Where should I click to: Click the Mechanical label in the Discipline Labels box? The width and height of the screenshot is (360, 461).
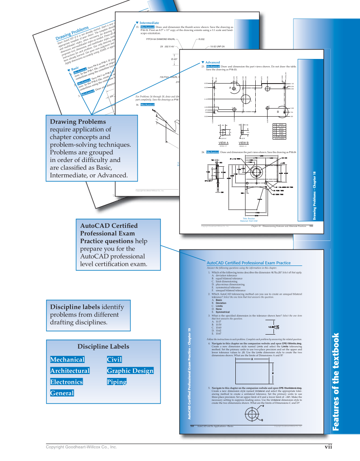click(x=67, y=360)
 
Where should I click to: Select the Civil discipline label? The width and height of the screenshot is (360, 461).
click(x=114, y=360)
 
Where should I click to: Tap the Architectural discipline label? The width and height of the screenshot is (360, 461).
click(x=70, y=371)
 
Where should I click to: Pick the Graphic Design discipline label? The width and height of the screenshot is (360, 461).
click(x=130, y=371)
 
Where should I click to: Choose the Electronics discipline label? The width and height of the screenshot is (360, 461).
click(x=66, y=382)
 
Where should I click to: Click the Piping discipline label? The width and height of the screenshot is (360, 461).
click(x=117, y=382)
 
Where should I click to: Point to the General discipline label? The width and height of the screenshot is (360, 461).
click(x=62, y=393)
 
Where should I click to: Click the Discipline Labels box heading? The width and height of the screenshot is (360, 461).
click(x=103, y=346)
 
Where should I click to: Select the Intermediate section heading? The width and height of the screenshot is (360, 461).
click(x=149, y=22)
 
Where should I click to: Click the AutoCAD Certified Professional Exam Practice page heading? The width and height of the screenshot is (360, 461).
click(x=248, y=263)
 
